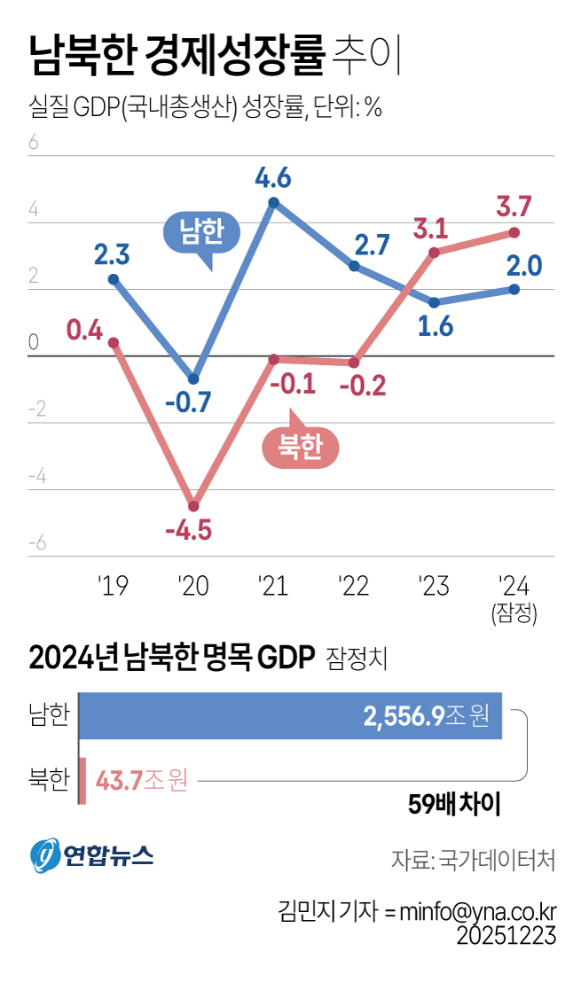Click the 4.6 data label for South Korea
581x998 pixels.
coord(273,178)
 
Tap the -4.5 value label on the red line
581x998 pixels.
coord(188,530)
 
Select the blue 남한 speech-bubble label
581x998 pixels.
coord(202,232)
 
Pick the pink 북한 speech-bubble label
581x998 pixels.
coord(300,446)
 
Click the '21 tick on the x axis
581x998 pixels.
coord(273,586)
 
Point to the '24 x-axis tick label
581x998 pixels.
coord(514,586)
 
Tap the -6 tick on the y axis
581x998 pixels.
coord(37,543)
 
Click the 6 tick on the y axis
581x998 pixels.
coord(33,142)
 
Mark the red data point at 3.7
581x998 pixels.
coord(514,233)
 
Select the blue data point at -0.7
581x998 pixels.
coord(193,379)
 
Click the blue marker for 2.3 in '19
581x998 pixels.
coord(114,279)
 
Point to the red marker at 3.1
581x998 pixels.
coord(435,253)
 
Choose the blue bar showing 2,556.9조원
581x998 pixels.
coord(291,716)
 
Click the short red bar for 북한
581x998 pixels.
coord(82,780)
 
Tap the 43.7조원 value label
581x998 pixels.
coord(141,780)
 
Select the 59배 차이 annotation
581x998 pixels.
coord(454,805)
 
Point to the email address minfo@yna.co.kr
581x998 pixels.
coord(478,911)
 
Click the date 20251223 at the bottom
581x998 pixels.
coord(506,936)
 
